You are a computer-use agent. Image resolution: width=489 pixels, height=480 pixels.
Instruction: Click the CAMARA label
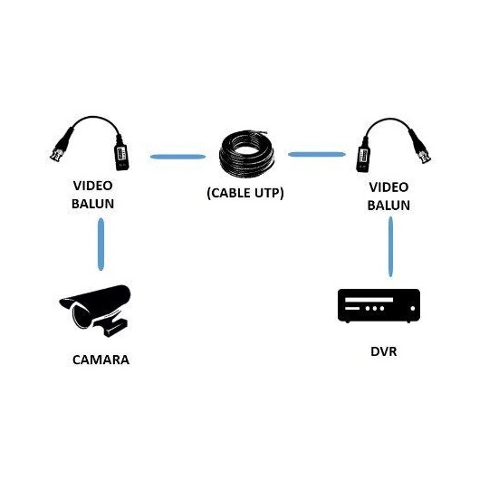(101, 360)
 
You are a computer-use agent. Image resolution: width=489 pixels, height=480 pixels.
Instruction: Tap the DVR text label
(384, 351)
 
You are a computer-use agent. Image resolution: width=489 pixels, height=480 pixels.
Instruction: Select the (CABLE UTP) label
(245, 193)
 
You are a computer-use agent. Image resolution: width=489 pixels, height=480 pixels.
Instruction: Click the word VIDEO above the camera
(92, 186)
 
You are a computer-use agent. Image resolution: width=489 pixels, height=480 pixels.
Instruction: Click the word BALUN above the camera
(92, 204)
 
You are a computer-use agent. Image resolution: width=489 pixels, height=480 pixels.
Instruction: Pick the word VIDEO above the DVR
(388, 187)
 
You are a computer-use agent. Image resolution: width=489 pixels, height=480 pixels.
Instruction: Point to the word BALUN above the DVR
(388, 206)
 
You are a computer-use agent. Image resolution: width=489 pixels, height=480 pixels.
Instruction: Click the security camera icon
(95, 311)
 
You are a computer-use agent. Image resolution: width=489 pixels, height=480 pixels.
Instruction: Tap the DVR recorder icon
(379, 305)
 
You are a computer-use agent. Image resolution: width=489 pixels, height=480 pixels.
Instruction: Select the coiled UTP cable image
(246, 154)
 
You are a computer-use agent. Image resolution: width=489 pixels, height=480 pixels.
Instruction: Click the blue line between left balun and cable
(177, 157)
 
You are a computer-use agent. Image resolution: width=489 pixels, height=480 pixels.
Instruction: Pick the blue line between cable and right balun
(317, 154)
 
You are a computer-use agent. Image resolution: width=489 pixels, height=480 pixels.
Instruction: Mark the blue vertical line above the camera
(101, 245)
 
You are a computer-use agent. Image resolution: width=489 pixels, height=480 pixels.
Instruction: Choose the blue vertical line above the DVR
(390, 246)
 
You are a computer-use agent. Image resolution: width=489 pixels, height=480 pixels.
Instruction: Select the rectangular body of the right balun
(363, 157)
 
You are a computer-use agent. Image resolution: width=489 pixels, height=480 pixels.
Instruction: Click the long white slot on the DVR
(369, 300)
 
